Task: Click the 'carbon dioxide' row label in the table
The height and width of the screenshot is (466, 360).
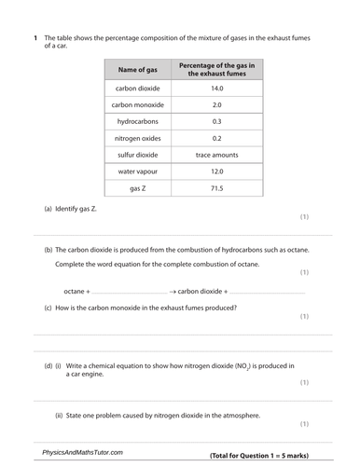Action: (137, 89)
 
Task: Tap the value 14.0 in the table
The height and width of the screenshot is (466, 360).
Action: (217, 89)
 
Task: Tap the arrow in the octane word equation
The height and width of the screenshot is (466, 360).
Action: (173, 291)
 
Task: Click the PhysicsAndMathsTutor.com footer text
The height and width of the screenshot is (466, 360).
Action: (82, 452)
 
